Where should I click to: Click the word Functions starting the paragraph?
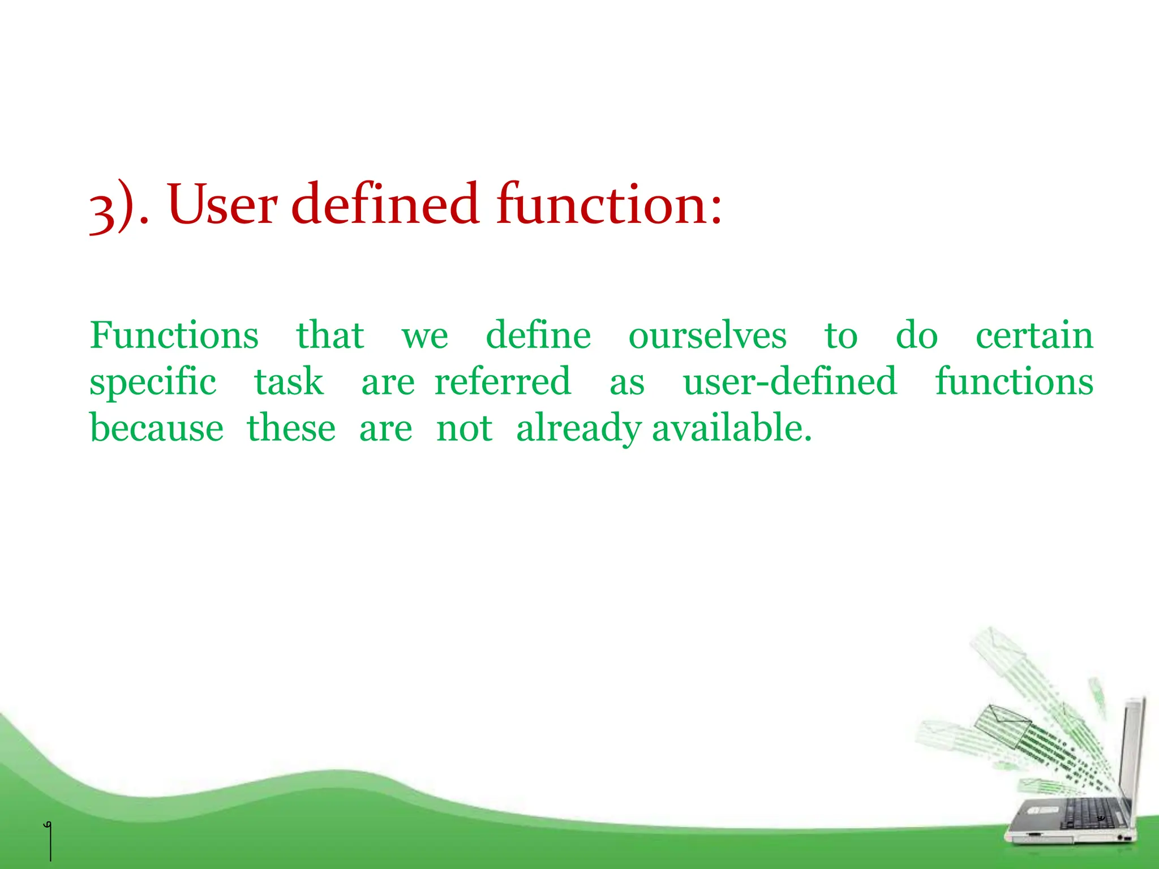pyautogui.click(x=174, y=335)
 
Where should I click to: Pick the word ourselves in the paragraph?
pyautogui.click(x=707, y=335)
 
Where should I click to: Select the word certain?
pyautogui.click(x=1034, y=335)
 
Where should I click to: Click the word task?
pyautogui.click(x=289, y=382)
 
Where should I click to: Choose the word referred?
pyautogui.click(x=503, y=382)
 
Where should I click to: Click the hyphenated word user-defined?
pyautogui.click(x=790, y=382)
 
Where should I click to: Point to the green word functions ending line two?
pyautogui.click(x=1014, y=382)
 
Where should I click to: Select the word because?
pyautogui.click(x=157, y=428)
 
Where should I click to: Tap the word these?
pyautogui.click(x=291, y=428)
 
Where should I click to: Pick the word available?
pyautogui.click(x=731, y=428)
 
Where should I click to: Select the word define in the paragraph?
pyautogui.click(x=538, y=335)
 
